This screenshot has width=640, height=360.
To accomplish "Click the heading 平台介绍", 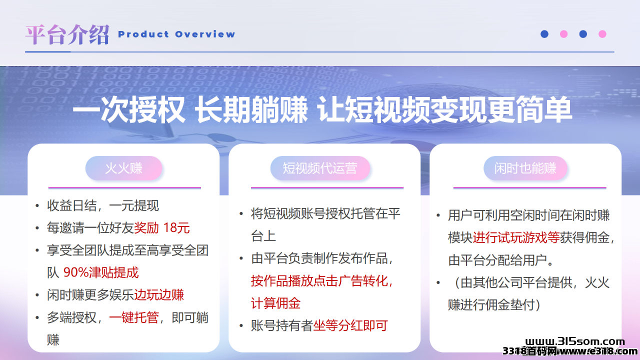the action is tap(67, 34).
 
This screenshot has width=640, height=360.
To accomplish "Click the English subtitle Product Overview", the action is tap(176, 34).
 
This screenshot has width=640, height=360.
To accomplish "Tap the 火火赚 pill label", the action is tap(123, 168).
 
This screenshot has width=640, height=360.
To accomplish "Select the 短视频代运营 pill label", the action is tap(320, 168).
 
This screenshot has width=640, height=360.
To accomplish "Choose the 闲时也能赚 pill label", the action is tap(525, 168).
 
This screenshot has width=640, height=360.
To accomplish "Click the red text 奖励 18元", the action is tap(161, 227).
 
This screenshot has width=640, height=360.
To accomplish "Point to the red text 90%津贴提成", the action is tap(101, 272).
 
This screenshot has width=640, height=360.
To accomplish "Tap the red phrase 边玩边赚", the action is tap(159, 295).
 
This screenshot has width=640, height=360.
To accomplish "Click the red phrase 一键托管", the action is tap(133, 317).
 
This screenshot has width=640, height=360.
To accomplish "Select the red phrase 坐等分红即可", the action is tap(350, 325).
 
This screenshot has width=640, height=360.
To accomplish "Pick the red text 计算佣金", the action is tap(275, 303).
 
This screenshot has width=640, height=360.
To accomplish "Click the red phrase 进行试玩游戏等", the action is tap(516, 237).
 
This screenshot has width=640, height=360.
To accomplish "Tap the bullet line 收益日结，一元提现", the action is tap(103, 205).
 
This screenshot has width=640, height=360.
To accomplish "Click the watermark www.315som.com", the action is tap(575, 341).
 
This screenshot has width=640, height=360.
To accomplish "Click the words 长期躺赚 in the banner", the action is tap(251, 109).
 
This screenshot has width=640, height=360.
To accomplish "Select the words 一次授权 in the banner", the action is tap(129, 109).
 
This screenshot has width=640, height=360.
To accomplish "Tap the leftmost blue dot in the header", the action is tap(544, 34).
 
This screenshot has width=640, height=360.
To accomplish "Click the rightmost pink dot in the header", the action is tap(602, 34).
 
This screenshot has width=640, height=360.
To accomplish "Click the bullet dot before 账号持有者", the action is tap(241, 325).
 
